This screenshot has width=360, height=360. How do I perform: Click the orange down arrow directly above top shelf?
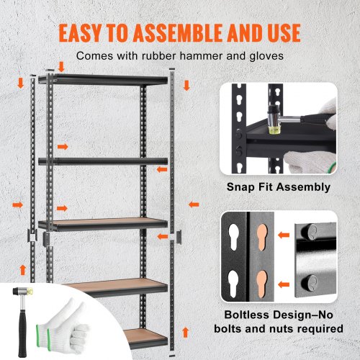[62, 66]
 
